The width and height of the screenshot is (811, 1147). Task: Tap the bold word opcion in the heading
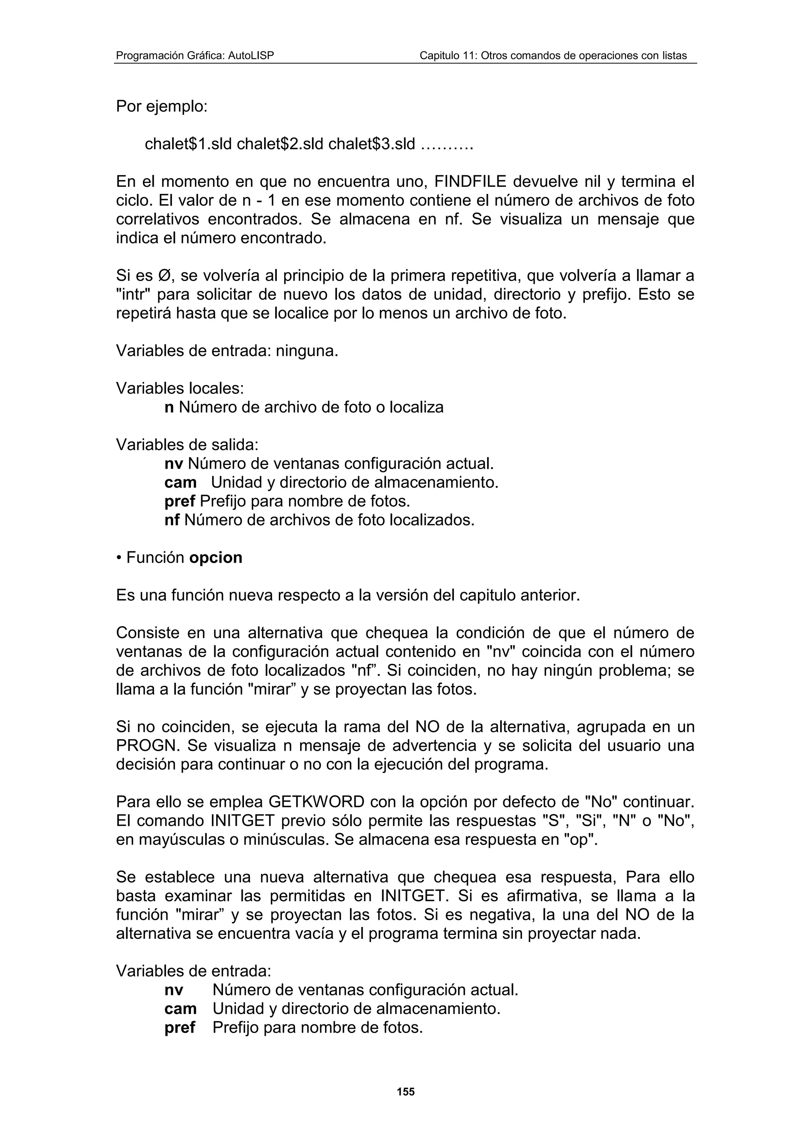(x=216, y=558)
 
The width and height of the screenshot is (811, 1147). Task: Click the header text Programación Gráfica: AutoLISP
(x=195, y=55)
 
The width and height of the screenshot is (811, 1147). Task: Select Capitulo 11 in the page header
(x=446, y=55)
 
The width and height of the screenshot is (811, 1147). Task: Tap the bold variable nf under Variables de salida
(x=172, y=520)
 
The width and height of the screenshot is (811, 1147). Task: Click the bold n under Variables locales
(x=169, y=407)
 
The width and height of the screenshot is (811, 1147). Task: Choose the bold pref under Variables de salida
(x=179, y=501)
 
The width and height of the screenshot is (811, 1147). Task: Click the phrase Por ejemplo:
(x=162, y=106)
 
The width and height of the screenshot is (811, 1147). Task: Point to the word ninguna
(x=307, y=351)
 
